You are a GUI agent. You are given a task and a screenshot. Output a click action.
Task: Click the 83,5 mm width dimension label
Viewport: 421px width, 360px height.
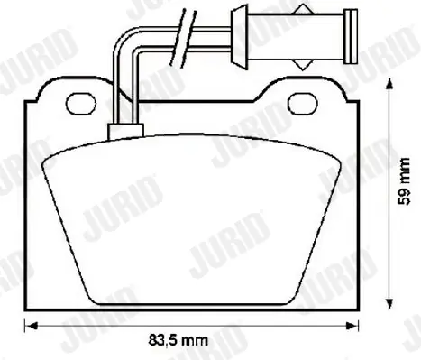point(178,341)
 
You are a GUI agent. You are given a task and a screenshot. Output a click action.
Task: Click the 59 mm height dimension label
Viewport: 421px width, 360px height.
point(404,181)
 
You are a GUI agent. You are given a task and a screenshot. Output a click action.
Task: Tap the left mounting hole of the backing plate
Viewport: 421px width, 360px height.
point(81,104)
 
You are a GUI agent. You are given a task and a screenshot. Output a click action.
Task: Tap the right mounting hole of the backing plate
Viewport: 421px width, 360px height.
point(303,104)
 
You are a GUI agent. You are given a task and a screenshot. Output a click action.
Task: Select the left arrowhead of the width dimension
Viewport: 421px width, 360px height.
point(31,326)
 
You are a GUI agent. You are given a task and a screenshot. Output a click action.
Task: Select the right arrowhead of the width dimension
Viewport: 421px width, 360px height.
point(352,326)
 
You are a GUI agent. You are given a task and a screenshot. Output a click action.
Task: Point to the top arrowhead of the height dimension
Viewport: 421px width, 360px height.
point(389,83)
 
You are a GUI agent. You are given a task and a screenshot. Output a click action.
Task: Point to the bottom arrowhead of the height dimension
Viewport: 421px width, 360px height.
point(389,303)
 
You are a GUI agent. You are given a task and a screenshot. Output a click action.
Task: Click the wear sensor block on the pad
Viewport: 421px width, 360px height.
point(125,132)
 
